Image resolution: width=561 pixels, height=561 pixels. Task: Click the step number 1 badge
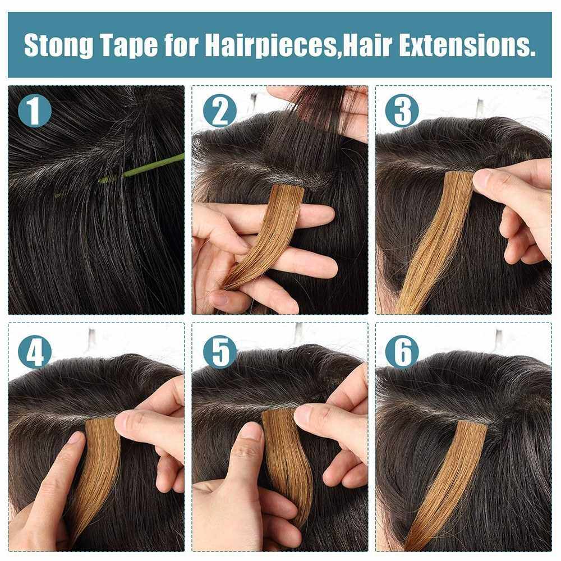point(34,111)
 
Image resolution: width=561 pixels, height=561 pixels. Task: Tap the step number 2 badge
point(220,111)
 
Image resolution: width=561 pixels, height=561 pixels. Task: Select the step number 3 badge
point(402,111)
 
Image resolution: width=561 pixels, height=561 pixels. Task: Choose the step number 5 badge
point(220,352)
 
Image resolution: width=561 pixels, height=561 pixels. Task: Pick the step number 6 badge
point(402,352)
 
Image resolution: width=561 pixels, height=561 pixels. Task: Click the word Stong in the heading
point(58,46)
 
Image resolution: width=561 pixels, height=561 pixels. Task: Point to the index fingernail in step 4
point(76,438)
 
